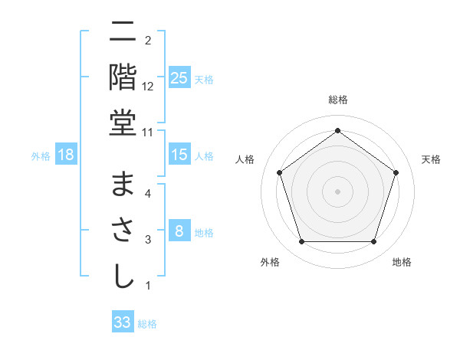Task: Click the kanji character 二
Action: pyautogui.click(x=123, y=33)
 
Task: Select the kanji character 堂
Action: pyautogui.click(x=123, y=123)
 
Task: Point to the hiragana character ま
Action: pyautogui.click(x=123, y=185)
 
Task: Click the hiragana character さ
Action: pyautogui.click(x=123, y=230)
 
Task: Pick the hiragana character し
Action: pyautogui.click(x=123, y=276)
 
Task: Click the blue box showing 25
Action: pyautogui.click(x=179, y=78)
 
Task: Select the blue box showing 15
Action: pyautogui.click(x=179, y=155)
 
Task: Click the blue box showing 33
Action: pyautogui.click(x=123, y=322)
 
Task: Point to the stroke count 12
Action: pyautogui.click(x=148, y=87)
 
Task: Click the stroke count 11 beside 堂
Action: pyautogui.click(x=148, y=133)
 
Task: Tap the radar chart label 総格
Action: pyautogui.click(x=337, y=100)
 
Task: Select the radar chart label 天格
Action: pyautogui.click(x=431, y=159)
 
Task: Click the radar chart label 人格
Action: pyautogui.click(x=245, y=159)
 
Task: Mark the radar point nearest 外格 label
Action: pyautogui.click(x=301, y=242)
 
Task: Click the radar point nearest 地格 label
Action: pyautogui.click(x=373, y=242)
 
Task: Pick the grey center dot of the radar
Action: pyautogui.click(x=337, y=191)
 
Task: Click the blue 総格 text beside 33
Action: pyautogui.click(x=148, y=324)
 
